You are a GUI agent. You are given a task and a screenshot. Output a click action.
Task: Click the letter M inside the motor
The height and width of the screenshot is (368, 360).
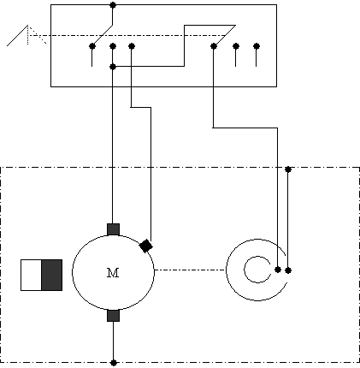coord(113,273)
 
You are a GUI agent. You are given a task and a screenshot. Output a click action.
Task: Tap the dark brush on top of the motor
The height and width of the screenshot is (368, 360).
coord(113,229)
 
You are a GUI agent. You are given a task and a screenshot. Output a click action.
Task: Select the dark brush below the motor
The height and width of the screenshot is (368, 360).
coord(113,316)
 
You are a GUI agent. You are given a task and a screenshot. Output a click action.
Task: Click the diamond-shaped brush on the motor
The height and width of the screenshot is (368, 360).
coord(146,246)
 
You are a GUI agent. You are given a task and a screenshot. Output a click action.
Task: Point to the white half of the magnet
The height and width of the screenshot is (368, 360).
coord(32,275)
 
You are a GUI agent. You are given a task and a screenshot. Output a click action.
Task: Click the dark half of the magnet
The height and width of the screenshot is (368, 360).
coord(52,275)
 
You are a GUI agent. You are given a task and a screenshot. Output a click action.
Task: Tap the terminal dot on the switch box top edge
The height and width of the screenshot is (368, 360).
coord(113,5)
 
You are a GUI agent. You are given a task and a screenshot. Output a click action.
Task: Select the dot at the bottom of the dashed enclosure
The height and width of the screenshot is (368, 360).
coord(114,363)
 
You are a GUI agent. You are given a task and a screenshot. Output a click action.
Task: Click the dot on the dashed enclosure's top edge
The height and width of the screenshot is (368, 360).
coord(288,169)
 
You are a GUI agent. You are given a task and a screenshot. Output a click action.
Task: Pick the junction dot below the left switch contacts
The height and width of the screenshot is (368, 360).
coord(113,67)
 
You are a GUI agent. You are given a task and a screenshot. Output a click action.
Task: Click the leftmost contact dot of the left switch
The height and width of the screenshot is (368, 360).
coord(91,46)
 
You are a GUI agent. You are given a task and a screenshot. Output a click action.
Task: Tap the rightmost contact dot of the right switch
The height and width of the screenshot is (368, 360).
coord(257,46)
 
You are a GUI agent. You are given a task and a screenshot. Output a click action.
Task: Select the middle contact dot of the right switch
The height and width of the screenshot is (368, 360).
coord(235,46)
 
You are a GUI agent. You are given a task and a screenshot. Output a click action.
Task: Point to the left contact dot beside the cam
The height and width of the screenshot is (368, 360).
coord(278,270)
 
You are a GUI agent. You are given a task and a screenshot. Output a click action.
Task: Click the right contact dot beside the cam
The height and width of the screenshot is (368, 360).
coord(288,270)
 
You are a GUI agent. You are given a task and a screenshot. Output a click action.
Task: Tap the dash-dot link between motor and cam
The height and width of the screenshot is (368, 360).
coord(190,270)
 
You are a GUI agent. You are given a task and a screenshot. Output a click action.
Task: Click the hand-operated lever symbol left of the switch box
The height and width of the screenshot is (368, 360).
coord(27,35)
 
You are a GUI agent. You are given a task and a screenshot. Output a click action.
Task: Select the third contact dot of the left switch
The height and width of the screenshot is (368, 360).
coord(132,46)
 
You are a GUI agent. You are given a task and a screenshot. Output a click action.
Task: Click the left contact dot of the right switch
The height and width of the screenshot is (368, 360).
coord(214,46)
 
